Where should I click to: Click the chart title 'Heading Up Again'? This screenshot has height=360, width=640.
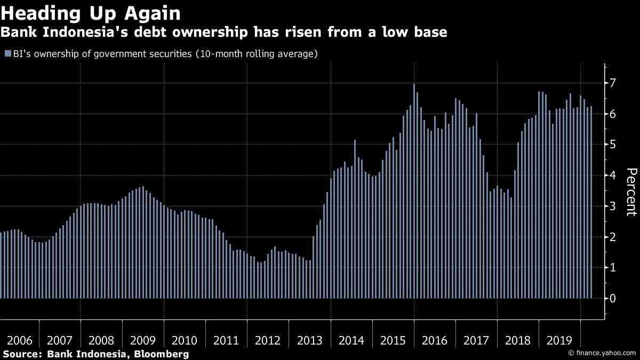pyautogui.click(x=91, y=13)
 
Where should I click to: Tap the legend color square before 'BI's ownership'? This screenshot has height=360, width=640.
pyautogui.click(x=7, y=54)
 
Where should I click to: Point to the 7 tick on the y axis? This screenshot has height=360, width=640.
pyautogui.click(x=613, y=83)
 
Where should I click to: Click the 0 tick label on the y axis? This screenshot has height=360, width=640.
pyautogui.click(x=613, y=298)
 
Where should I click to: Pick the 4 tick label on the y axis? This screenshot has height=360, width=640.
pyautogui.click(x=613, y=175)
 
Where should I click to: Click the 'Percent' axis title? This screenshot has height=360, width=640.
pyautogui.click(x=631, y=192)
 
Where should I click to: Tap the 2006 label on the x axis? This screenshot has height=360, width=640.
pyautogui.click(x=19, y=340)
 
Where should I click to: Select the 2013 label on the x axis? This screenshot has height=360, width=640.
pyautogui.click(x=309, y=340)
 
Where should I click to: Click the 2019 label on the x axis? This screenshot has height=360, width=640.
pyautogui.click(x=559, y=340)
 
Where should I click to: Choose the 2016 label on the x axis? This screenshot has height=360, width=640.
pyautogui.click(x=435, y=340)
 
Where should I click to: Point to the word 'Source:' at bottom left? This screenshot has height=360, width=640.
pyautogui.click(x=22, y=354)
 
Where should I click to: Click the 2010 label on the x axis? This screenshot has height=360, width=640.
pyautogui.click(x=185, y=340)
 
